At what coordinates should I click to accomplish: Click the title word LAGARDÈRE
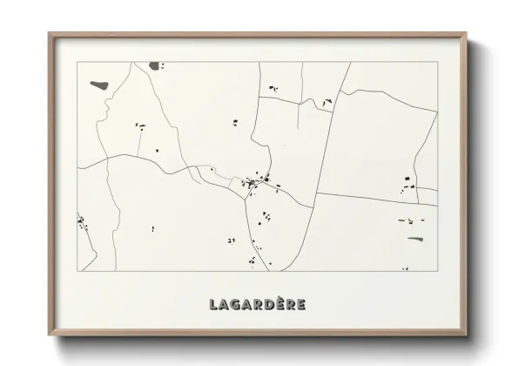point(257,304)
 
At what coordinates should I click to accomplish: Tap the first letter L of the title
point(213,304)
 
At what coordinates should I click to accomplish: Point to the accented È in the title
point(280,303)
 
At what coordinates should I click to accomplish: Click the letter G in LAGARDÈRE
point(235,304)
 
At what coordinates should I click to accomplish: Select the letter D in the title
point(268,304)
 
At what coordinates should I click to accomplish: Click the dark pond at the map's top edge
point(155,65)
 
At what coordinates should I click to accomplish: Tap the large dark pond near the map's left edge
point(99,85)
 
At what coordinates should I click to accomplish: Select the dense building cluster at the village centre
point(256,183)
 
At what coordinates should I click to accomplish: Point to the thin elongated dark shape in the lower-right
point(415,237)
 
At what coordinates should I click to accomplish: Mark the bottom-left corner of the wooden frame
point(49,336)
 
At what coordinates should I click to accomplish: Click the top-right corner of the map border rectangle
point(436,62)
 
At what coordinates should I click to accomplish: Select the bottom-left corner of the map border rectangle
point(77,270)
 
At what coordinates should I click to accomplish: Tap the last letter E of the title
point(300,304)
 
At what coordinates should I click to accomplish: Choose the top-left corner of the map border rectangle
point(77,62)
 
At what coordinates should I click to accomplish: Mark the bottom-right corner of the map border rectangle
point(436,270)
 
